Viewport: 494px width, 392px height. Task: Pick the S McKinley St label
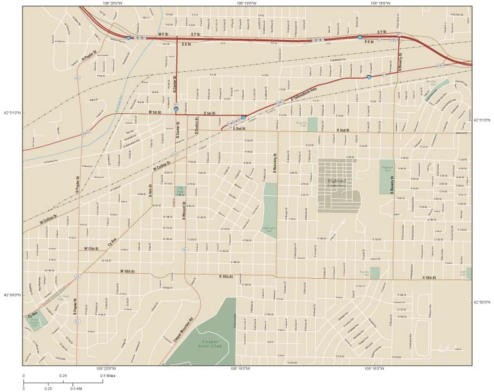275,164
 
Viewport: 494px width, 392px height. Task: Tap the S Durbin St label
196,129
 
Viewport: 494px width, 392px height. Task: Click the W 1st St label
155,112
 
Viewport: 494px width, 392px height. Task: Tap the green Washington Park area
270,206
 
